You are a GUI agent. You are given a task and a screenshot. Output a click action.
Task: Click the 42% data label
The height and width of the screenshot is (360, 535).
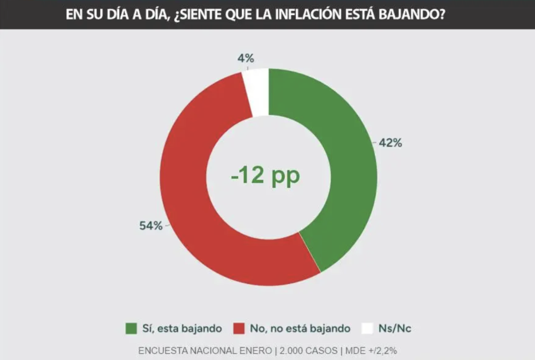390,143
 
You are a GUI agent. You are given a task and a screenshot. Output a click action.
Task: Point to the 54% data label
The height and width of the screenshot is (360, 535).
150,226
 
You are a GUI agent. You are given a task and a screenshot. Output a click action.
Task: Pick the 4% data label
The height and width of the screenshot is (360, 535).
246,59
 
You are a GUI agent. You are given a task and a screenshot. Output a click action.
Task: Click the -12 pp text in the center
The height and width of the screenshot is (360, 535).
265,176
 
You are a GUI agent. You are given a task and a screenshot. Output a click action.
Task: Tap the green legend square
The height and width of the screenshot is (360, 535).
131,329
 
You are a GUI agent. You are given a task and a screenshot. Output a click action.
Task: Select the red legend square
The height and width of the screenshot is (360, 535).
239,329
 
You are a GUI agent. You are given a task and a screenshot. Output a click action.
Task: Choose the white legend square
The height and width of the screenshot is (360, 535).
367,329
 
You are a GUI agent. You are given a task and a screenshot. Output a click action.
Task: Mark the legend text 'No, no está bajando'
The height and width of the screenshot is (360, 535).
300,329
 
